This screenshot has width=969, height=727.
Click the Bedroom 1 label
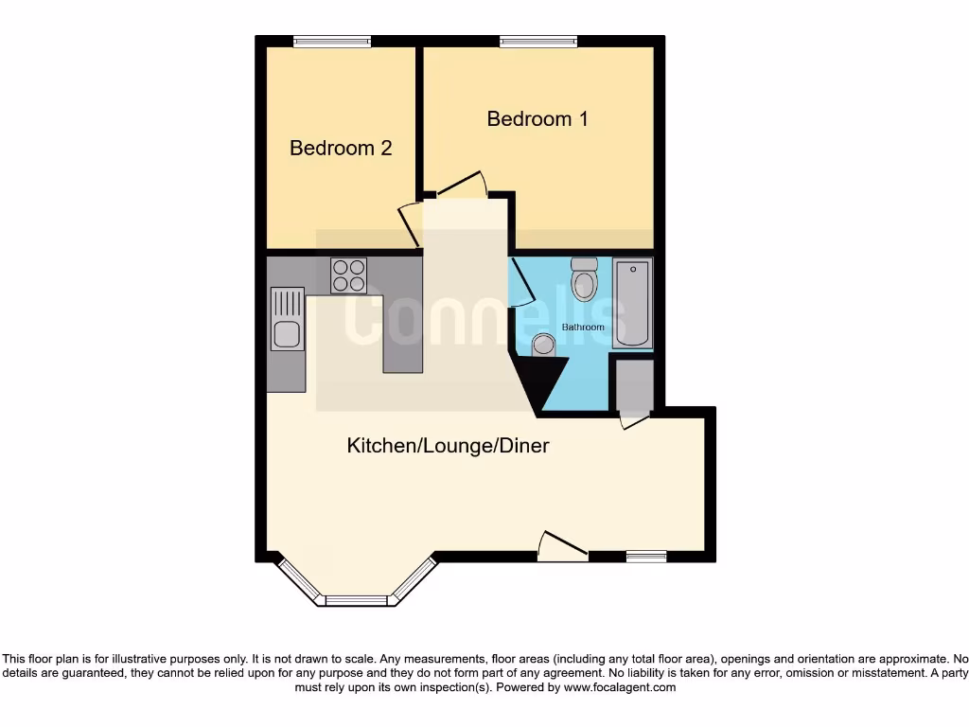537,119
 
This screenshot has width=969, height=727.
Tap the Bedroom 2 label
341,149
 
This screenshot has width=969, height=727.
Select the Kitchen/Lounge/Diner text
448,445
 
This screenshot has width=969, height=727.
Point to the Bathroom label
583,328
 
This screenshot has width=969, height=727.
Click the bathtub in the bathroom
633,303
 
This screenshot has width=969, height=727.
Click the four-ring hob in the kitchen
348,275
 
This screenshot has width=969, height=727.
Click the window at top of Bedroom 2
332,41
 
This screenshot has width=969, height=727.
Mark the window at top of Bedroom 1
538,41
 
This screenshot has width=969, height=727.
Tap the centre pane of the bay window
357,599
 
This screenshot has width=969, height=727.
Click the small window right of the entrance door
646,557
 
